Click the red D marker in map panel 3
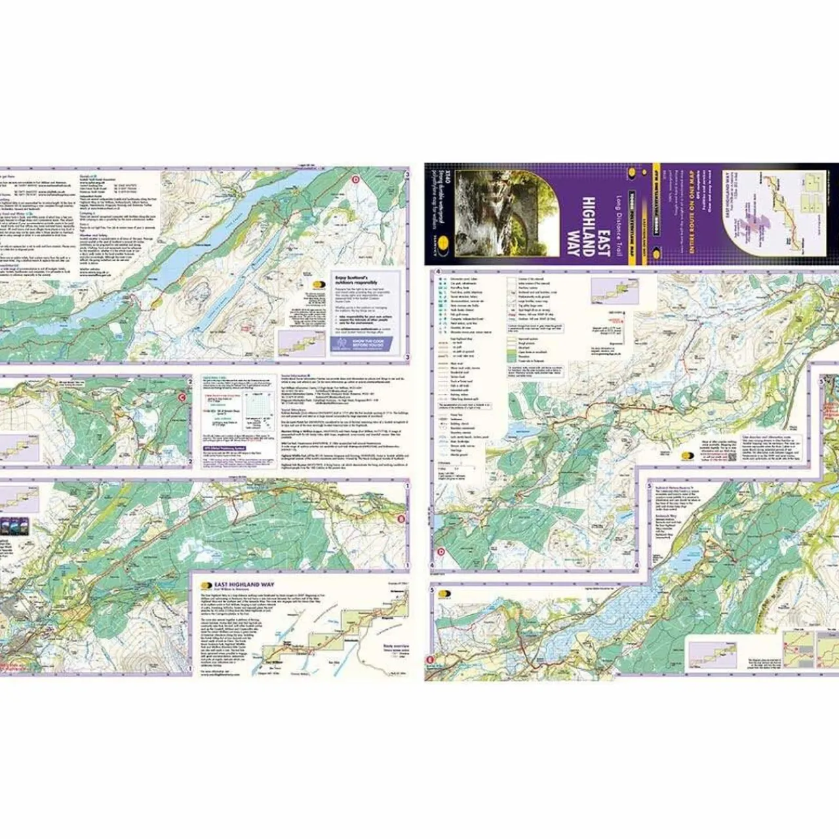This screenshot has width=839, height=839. pyautogui.click(x=356, y=180)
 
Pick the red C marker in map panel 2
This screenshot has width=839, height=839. pyautogui.click(x=183, y=396)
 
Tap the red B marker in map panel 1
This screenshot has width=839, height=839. pyautogui.click(x=400, y=520)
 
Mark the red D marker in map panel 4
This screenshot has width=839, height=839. pyautogui.click(x=441, y=551)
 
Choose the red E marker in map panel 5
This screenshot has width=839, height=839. pyautogui.click(x=430, y=659)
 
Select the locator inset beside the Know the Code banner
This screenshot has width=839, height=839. pyautogui.click(x=293, y=342)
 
